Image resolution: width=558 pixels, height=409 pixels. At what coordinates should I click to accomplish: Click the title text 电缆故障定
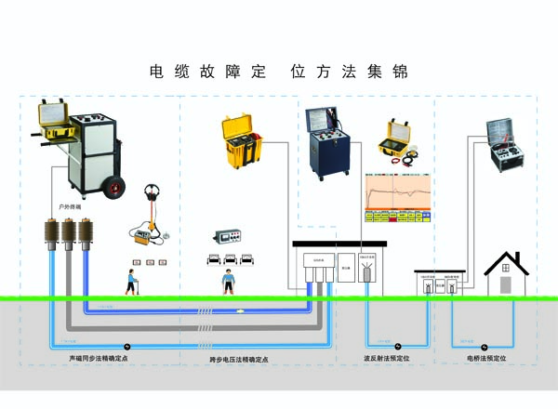coord(208,72)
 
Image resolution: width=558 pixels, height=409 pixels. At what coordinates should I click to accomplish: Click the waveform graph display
coord(396,191)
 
